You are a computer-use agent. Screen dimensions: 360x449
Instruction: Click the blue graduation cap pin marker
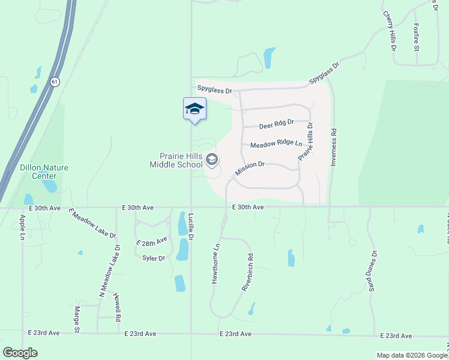pos(194,109)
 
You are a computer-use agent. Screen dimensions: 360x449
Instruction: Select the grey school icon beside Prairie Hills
pos(211,160)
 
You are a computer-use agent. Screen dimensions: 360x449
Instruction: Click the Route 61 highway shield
pos(55,82)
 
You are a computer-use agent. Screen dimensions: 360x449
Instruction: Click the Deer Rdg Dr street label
pos(276,125)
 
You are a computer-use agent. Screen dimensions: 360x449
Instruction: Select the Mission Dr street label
pos(250,168)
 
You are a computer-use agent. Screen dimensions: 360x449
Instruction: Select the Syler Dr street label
pos(154,258)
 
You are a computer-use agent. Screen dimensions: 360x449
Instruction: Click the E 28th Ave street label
pos(151,242)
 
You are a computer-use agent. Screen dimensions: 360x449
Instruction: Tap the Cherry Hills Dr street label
pos(390,30)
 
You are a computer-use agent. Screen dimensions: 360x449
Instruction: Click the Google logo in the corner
pos(20,353)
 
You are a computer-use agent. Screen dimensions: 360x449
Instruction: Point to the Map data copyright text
pos(412,355)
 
